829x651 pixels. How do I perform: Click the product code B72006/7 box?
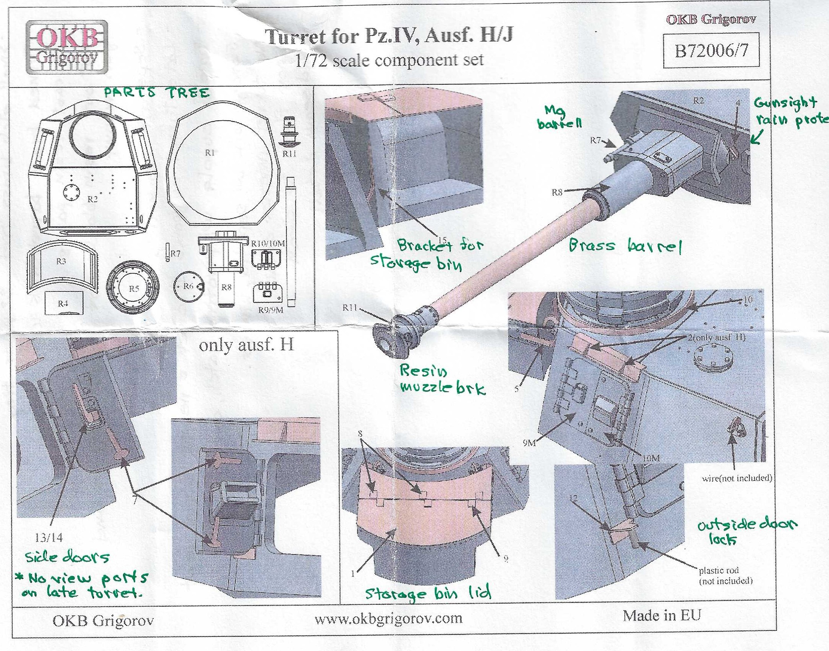pyautogui.click(x=711, y=50)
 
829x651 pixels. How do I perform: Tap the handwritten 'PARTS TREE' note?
pyautogui.click(x=157, y=92)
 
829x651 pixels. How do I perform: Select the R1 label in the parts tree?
pyautogui.click(x=210, y=152)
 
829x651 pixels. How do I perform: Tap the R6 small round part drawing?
pyautogui.click(x=188, y=287)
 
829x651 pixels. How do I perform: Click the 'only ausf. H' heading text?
pyautogui.click(x=246, y=345)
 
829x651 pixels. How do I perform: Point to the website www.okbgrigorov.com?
pyautogui.click(x=388, y=618)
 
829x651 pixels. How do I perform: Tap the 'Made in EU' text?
pyautogui.click(x=662, y=615)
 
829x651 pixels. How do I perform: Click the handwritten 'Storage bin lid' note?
pyautogui.click(x=428, y=593)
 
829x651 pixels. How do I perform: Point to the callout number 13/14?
pyautogui.click(x=48, y=538)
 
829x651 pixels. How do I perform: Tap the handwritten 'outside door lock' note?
pyautogui.click(x=747, y=531)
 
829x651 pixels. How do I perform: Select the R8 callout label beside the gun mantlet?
pyautogui.click(x=557, y=192)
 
